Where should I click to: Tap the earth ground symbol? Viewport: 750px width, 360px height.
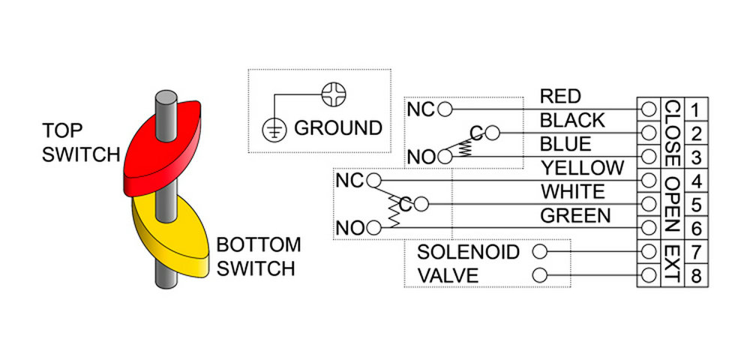[274, 128]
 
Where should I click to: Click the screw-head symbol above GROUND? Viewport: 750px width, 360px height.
[332, 94]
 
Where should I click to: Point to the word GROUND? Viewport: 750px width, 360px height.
[337, 128]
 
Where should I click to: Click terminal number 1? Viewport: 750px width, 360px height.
[695, 110]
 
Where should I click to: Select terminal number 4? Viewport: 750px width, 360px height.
[695, 181]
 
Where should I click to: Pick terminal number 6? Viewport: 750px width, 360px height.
[695, 228]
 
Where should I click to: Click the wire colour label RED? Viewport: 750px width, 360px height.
[560, 96]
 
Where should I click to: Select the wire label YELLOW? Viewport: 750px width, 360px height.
[582, 167]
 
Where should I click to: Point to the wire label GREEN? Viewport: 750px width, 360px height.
[575, 215]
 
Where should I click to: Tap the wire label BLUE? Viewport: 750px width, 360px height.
[565, 143]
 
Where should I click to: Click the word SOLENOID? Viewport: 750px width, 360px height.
[468, 251]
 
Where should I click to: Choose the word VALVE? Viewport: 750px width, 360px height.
[448, 275]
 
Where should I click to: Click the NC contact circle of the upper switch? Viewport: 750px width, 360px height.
[445, 109]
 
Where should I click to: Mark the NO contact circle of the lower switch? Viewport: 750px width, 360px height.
[373, 226]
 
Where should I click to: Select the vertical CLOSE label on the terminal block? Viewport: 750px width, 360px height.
[671, 133]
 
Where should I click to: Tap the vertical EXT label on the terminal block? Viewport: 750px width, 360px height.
[671, 263]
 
